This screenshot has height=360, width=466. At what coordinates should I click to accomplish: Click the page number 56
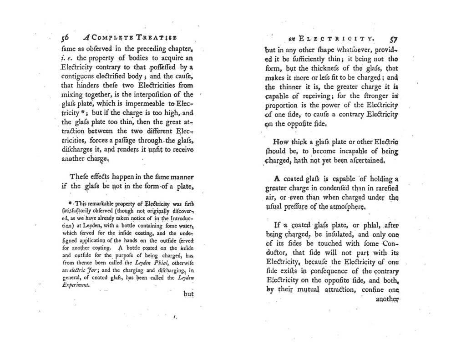66,39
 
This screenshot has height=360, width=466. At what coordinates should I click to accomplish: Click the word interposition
156,95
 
